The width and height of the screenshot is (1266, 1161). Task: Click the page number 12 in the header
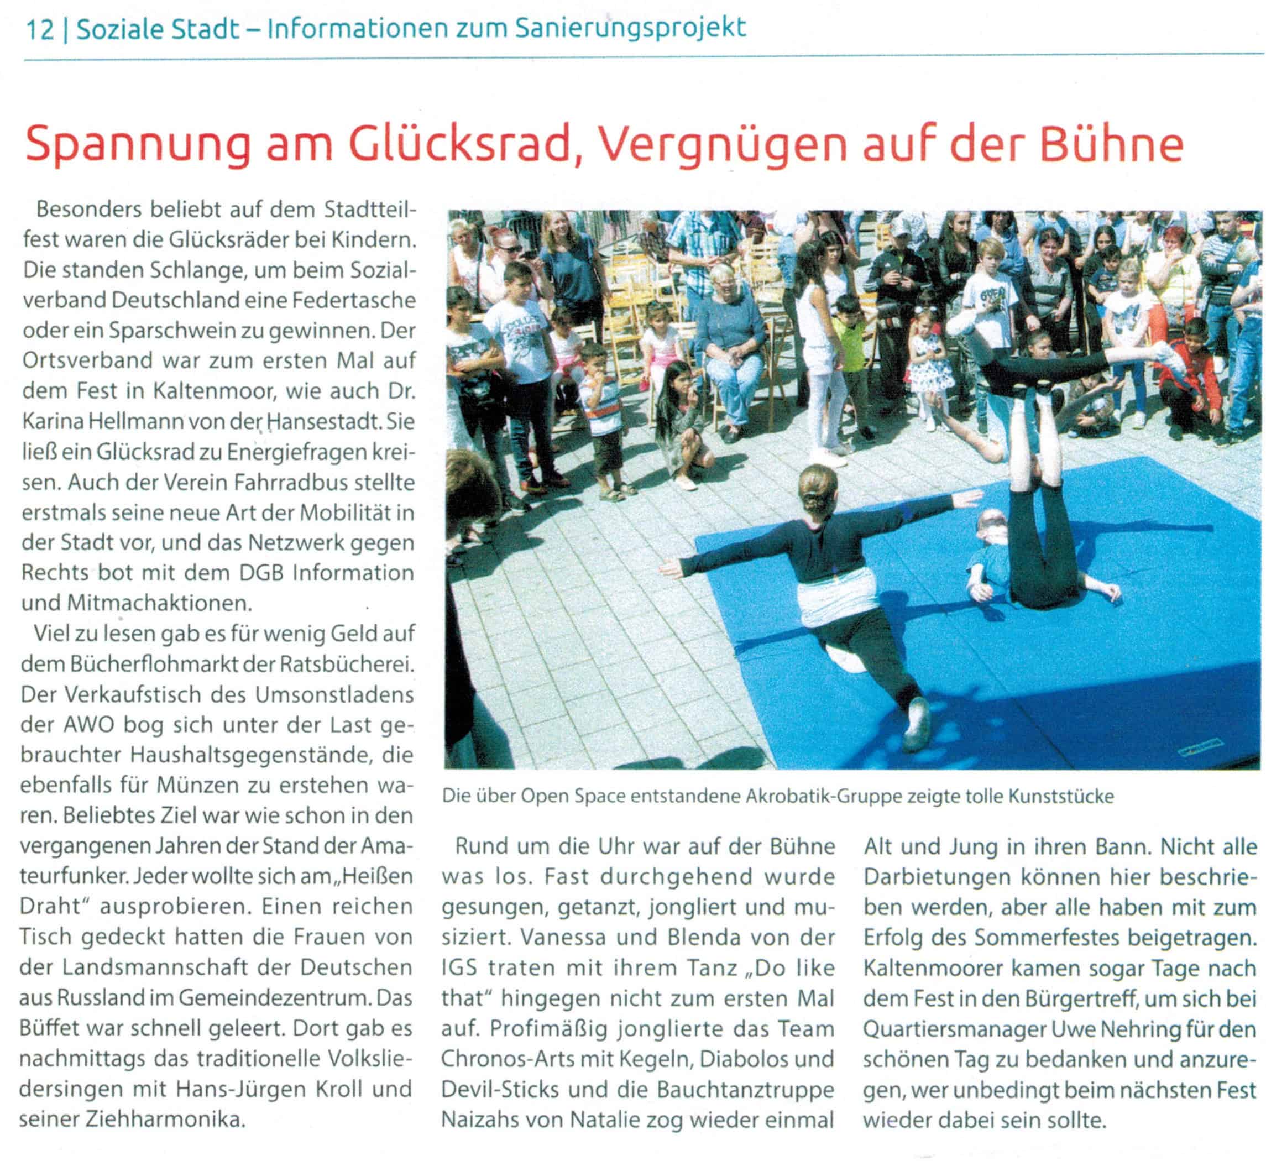click(40, 29)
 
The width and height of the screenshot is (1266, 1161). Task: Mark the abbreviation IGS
click(462, 967)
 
